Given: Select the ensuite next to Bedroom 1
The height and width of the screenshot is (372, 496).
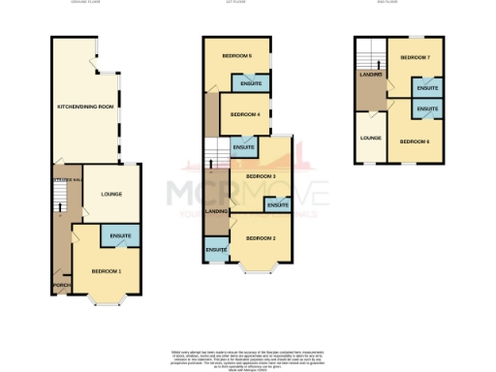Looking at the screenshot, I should pos(121,234).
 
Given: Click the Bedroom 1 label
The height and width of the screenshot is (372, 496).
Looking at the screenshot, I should pos(107,270).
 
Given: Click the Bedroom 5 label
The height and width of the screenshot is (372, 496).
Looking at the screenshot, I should pos(236,56).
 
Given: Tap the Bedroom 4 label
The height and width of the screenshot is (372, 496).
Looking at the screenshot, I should pos(245,114).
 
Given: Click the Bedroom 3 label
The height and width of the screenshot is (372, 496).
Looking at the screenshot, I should pos(261,176).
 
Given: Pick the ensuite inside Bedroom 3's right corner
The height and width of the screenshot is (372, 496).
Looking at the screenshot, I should pos(278,205).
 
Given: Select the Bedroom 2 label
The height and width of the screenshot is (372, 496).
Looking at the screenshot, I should pos(261,237).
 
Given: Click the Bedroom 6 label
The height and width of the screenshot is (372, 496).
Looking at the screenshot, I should pos(415,141).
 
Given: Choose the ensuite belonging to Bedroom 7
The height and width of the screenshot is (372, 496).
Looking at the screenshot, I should pos(427,88).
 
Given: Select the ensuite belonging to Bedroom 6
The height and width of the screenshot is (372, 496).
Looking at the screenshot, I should pos(427,109).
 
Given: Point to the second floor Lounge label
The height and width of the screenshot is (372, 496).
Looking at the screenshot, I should pos(370,138).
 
